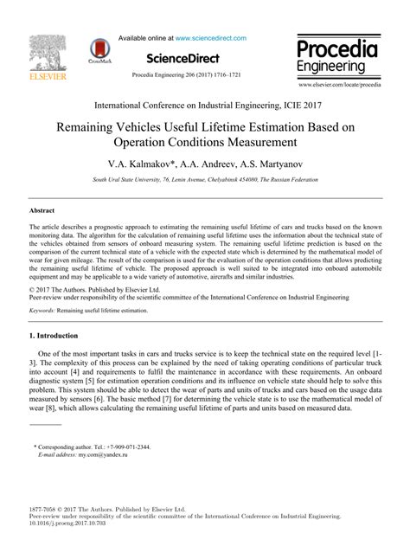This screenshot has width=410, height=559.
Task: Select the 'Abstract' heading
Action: click(x=17, y=209)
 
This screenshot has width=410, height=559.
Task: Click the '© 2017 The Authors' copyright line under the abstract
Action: click(x=79, y=289)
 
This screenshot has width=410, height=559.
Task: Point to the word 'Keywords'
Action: click(x=20, y=307)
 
